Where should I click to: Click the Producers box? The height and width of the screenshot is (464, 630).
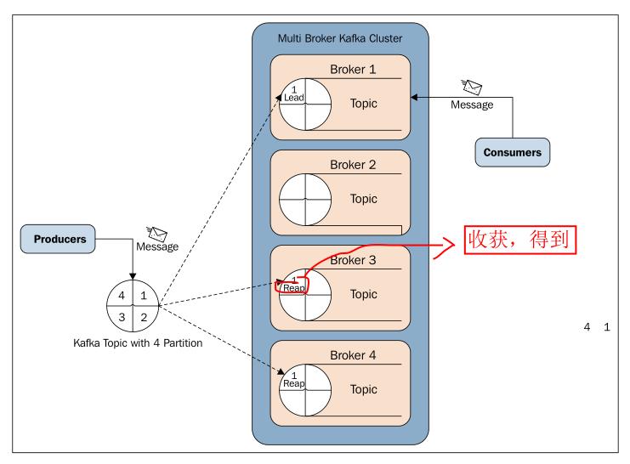click(x=60, y=240)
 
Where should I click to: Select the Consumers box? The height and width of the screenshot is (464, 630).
click(x=512, y=153)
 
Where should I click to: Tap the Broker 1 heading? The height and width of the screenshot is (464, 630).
click(x=353, y=70)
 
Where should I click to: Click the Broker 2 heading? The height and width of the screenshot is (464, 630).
click(x=353, y=165)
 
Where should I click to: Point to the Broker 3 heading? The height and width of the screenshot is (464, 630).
click(x=353, y=260)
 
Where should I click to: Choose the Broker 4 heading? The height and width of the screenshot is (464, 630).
click(x=353, y=355)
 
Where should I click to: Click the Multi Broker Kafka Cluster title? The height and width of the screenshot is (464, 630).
click(x=340, y=38)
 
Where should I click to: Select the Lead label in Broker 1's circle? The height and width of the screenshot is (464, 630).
click(x=293, y=98)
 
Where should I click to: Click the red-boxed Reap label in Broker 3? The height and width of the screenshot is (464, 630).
click(x=293, y=288)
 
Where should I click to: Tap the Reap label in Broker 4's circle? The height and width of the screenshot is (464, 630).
click(x=293, y=383)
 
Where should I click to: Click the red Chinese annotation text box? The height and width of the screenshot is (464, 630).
click(x=520, y=240)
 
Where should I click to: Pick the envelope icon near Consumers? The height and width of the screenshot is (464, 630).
click(x=472, y=87)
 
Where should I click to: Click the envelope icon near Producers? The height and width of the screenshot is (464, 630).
click(x=156, y=233)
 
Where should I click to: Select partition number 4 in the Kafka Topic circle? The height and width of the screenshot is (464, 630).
click(x=122, y=296)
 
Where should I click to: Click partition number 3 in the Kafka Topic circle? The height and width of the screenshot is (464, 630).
click(x=122, y=317)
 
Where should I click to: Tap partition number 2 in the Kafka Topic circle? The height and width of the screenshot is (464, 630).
click(x=144, y=317)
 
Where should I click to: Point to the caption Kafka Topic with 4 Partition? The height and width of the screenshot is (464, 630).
click(x=138, y=343)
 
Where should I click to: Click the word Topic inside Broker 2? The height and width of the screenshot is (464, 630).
click(x=364, y=199)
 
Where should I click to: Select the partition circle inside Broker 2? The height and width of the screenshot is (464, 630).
click(x=304, y=199)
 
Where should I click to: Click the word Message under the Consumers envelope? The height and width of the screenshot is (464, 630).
click(x=472, y=105)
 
